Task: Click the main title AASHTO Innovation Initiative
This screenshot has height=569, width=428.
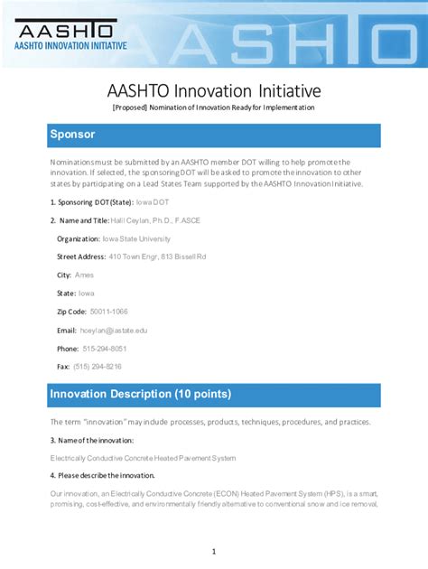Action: [214, 91]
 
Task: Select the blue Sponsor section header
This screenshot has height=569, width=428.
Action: [214, 135]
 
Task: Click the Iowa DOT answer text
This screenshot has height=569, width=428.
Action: [152, 202]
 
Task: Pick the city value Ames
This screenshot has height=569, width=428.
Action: [84, 275]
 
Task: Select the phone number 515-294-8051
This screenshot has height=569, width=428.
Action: [105, 349]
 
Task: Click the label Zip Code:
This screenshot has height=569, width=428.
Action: [71, 312]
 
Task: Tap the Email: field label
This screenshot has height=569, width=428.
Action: [67, 331]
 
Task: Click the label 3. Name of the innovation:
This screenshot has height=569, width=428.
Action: [92, 440]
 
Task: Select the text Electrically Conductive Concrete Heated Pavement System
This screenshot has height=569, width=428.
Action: [143, 458]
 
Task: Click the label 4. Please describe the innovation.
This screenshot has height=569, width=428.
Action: [102, 475]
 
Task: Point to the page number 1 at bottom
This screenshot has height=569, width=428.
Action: [214, 551]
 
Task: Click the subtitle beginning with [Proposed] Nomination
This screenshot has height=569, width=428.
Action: [214, 107]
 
